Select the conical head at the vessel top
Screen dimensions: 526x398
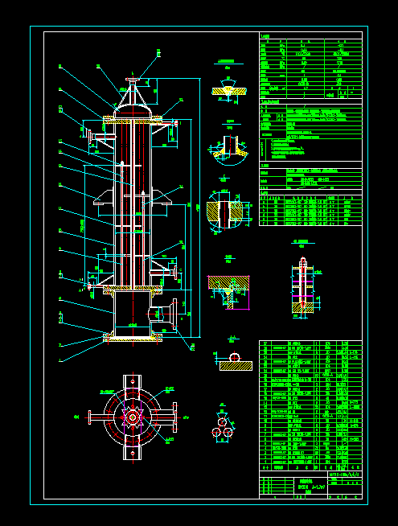click(x=133, y=100)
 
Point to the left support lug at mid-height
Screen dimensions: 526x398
click(x=105, y=199)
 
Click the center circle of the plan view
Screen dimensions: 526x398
click(x=131, y=417)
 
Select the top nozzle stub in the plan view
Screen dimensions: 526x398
click(x=131, y=381)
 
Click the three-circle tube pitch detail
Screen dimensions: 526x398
click(x=221, y=427)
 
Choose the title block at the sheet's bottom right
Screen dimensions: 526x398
click(x=310, y=486)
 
